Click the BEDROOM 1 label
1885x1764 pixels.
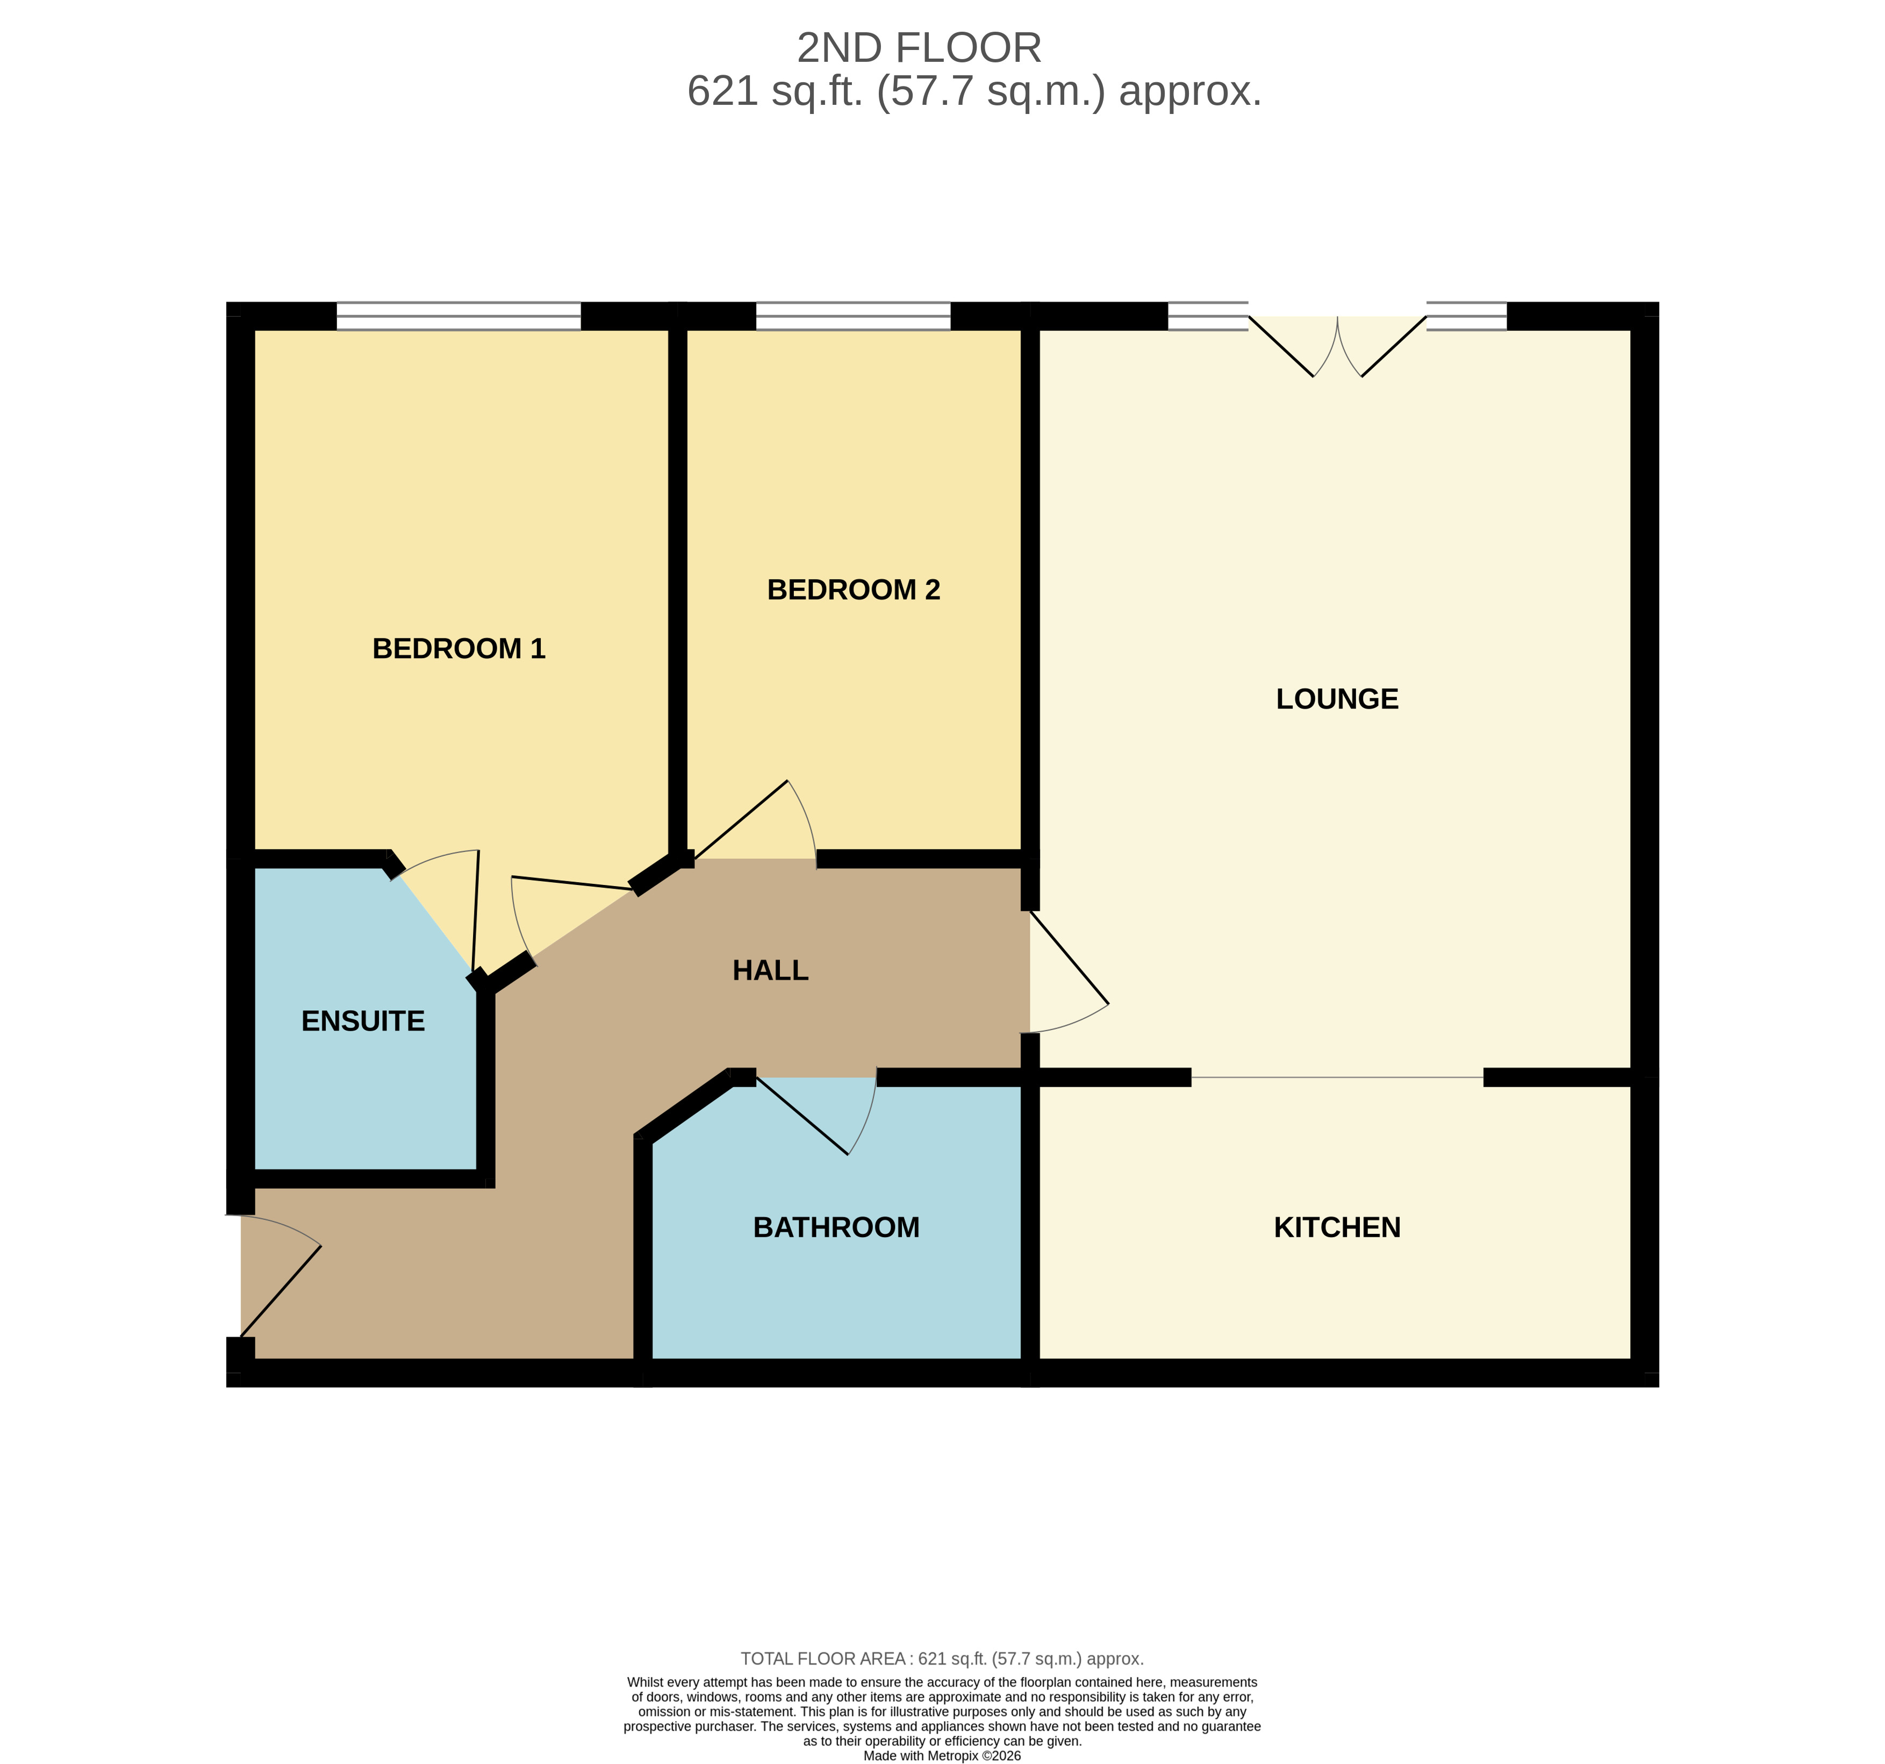tap(459, 649)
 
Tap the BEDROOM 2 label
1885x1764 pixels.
tap(854, 590)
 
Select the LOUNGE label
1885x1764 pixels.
tap(1337, 699)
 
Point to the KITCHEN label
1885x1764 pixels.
tap(1337, 1227)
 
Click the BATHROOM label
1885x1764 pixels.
tap(836, 1227)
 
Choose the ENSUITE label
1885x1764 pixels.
tap(363, 1020)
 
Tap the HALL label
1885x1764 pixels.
tap(770, 970)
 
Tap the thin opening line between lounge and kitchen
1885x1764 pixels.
tap(1337, 1077)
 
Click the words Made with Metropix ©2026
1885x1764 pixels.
tap(942, 1755)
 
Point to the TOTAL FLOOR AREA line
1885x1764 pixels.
tap(942, 1659)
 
